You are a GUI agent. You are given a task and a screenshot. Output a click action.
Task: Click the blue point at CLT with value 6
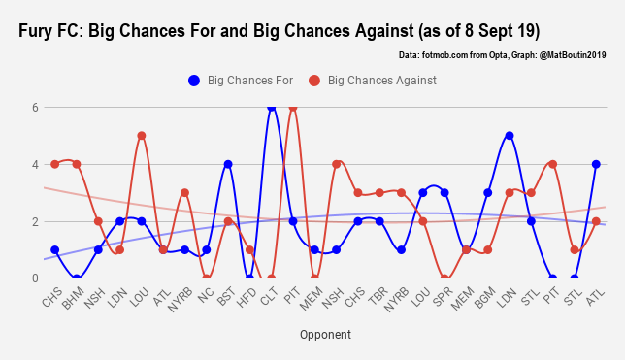[272, 108]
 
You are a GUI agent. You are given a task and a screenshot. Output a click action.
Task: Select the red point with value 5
[142, 136]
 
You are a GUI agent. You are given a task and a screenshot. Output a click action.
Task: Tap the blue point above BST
[228, 164]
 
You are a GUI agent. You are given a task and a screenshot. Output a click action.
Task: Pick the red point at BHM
[77, 164]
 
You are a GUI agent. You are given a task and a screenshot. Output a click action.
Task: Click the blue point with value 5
[510, 136]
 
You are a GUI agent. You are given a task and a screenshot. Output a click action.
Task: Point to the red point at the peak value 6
[293, 108]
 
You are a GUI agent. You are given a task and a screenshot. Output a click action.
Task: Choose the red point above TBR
[379, 193]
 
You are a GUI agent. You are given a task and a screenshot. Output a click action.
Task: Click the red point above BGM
[488, 249]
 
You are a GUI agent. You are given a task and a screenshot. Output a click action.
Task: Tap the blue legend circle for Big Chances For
[195, 80]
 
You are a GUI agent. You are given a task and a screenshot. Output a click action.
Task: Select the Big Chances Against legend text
[382, 80]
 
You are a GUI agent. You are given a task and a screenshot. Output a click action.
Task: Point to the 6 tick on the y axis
[34, 108]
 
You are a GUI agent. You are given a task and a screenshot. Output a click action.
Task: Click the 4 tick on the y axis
[34, 164]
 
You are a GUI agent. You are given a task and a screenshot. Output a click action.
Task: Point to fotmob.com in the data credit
[448, 55]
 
